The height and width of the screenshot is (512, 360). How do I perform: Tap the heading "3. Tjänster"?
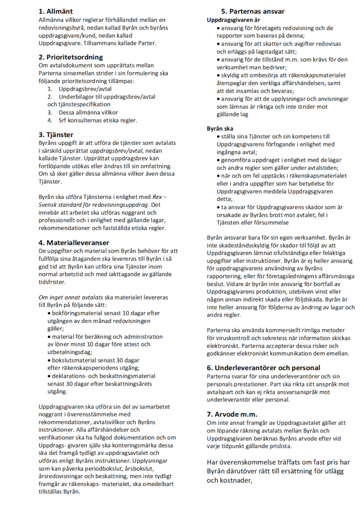56,134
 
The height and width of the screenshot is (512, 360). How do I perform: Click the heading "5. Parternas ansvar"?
253,11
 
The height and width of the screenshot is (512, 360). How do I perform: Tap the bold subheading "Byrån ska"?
220,128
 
